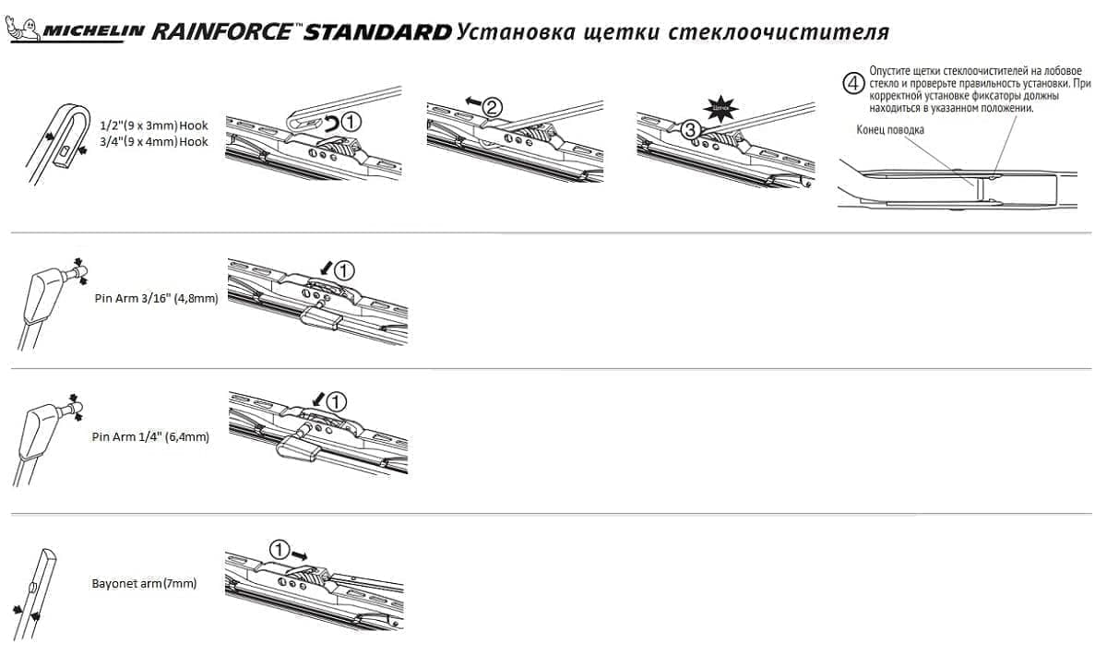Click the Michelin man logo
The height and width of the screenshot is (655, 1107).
click(x=23, y=30)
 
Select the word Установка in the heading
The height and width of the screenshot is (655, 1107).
click(x=516, y=32)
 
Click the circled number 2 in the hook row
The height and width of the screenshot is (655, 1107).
click(x=494, y=107)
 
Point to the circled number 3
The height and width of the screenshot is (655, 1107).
click(x=689, y=131)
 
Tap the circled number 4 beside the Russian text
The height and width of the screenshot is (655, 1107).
click(x=854, y=82)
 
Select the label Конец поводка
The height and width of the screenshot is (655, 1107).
click(x=890, y=130)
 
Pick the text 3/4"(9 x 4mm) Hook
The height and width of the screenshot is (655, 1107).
click(x=154, y=141)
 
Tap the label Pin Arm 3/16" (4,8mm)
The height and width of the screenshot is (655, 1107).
click(x=156, y=299)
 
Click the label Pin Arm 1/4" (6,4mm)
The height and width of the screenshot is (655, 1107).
click(x=151, y=436)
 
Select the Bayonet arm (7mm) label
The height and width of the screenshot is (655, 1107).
click(x=144, y=584)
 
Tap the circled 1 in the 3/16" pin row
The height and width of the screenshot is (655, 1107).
click(x=342, y=270)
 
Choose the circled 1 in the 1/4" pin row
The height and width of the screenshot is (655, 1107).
click(x=337, y=401)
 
